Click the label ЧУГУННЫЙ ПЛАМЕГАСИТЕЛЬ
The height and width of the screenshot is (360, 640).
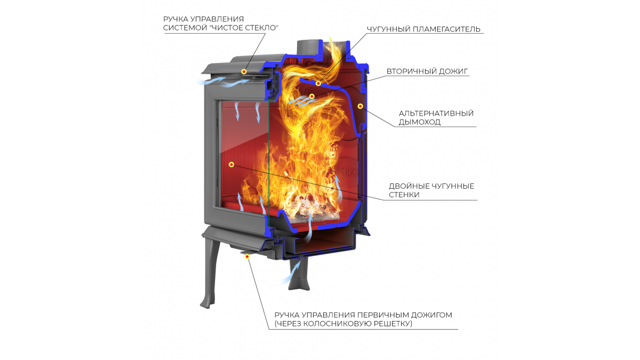click(x=423, y=29)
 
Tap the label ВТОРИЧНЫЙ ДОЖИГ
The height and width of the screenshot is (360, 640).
click(x=427, y=71)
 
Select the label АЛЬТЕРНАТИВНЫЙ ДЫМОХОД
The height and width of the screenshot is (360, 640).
click(x=436, y=118)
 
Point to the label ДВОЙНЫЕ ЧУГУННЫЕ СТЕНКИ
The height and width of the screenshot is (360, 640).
click(x=431, y=190)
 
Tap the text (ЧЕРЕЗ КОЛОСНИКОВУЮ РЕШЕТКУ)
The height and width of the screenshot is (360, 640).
click(x=343, y=324)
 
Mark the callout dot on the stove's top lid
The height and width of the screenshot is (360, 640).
click(x=244, y=71)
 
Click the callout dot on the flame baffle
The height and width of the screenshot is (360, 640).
click(x=318, y=83)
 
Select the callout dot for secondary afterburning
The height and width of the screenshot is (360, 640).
click(x=311, y=97)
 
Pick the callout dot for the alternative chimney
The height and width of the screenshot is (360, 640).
click(x=360, y=106)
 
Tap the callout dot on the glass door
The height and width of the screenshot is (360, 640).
click(x=231, y=165)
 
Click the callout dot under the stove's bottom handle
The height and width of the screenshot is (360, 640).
click(x=247, y=257)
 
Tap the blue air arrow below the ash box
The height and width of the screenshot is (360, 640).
click(x=291, y=273)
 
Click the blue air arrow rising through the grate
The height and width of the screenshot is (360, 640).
click(x=309, y=227)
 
